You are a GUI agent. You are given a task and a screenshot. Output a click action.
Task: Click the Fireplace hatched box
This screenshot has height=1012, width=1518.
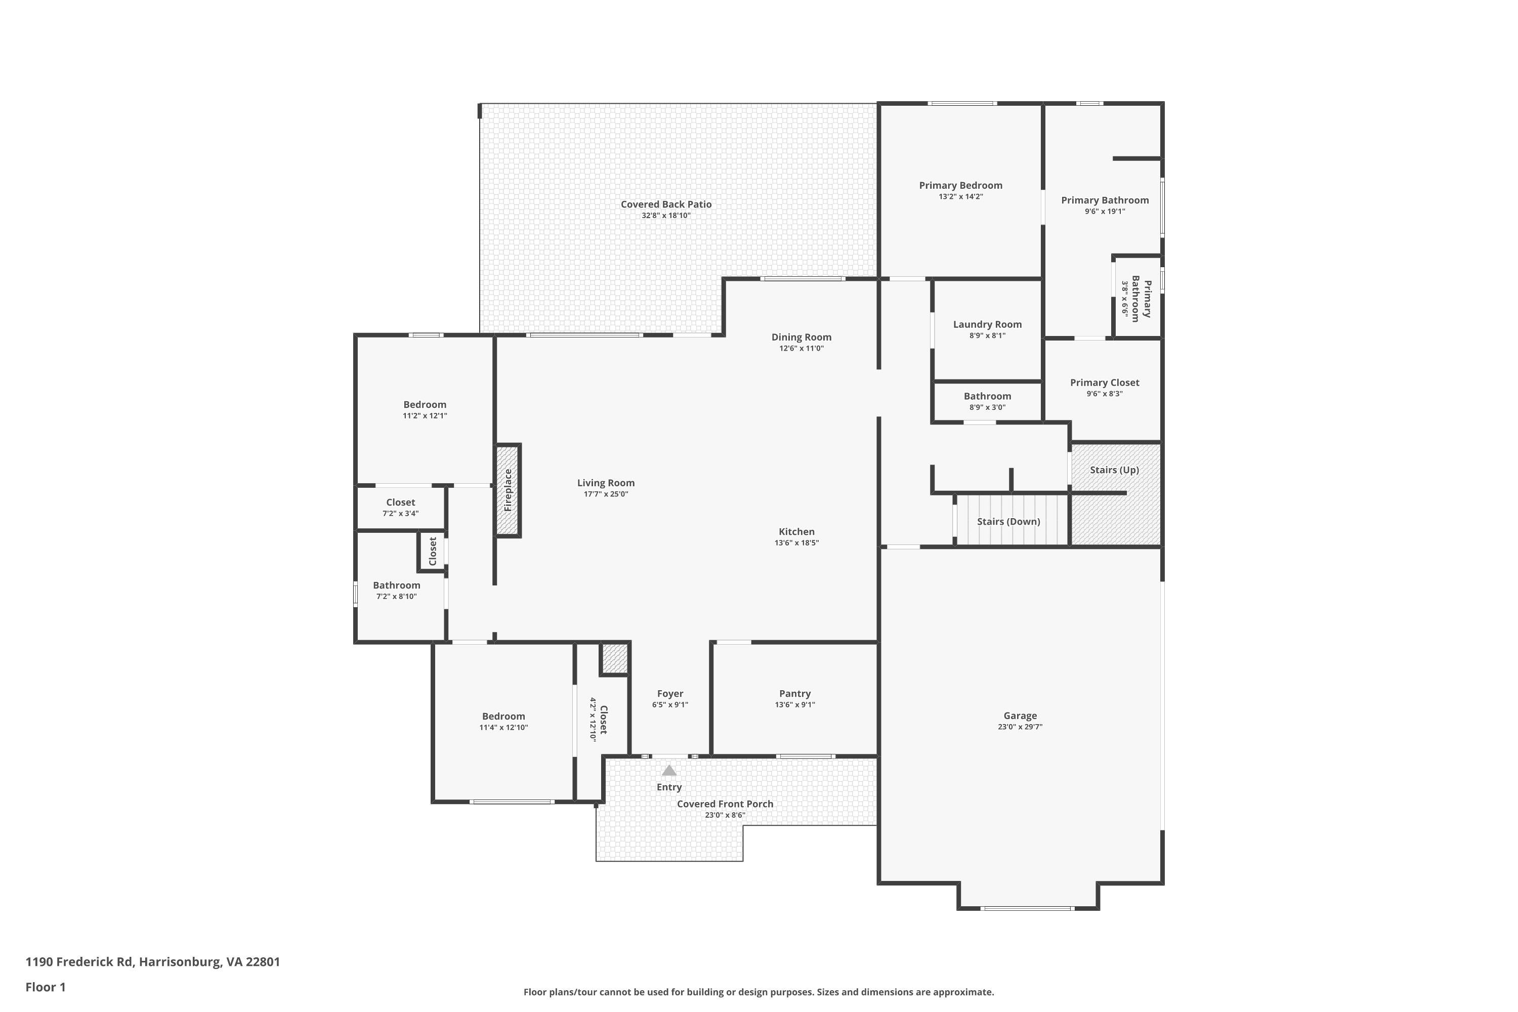pyautogui.click(x=508, y=490)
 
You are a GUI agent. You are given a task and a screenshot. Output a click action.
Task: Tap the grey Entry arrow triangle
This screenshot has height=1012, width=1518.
pyautogui.click(x=669, y=770)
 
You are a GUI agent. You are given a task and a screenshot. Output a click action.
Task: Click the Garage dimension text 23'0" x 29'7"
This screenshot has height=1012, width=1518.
pyautogui.click(x=1021, y=727)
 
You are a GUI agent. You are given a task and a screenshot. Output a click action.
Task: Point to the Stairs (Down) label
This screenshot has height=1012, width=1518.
pyautogui.click(x=1009, y=522)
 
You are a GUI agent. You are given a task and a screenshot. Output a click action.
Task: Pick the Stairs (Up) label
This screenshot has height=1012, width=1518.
pyautogui.click(x=1115, y=470)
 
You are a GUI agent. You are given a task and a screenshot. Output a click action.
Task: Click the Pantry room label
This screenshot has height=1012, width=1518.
pyautogui.click(x=795, y=694)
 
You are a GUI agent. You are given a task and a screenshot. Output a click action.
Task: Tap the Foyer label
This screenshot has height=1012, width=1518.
pyautogui.click(x=670, y=694)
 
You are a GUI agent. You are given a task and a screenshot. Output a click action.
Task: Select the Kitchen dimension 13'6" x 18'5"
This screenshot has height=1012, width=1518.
pyautogui.click(x=797, y=543)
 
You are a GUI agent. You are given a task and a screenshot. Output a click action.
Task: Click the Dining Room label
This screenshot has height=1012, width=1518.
pyautogui.click(x=802, y=337)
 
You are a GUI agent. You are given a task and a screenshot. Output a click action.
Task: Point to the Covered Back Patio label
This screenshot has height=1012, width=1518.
pyautogui.click(x=666, y=204)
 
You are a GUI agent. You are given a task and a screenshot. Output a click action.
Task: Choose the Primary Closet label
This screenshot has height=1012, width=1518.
pyautogui.click(x=1105, y=383)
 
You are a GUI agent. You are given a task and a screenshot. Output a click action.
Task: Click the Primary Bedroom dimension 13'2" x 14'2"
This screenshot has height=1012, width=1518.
pyautogui.click(x=961, y=197)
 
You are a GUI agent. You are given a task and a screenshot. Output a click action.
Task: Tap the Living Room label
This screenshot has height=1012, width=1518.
pyautogui.click(x=606, y=483)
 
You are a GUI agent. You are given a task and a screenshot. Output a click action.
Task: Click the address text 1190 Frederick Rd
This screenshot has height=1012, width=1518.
pyautogui.click(x=79, y=962)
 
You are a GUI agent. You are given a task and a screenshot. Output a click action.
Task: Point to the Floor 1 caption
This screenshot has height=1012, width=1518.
pyautogui.click(x=46, y=987)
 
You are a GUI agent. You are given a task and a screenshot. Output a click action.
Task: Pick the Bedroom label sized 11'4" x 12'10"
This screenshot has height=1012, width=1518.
pyautogui.click(x=503, y=716)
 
